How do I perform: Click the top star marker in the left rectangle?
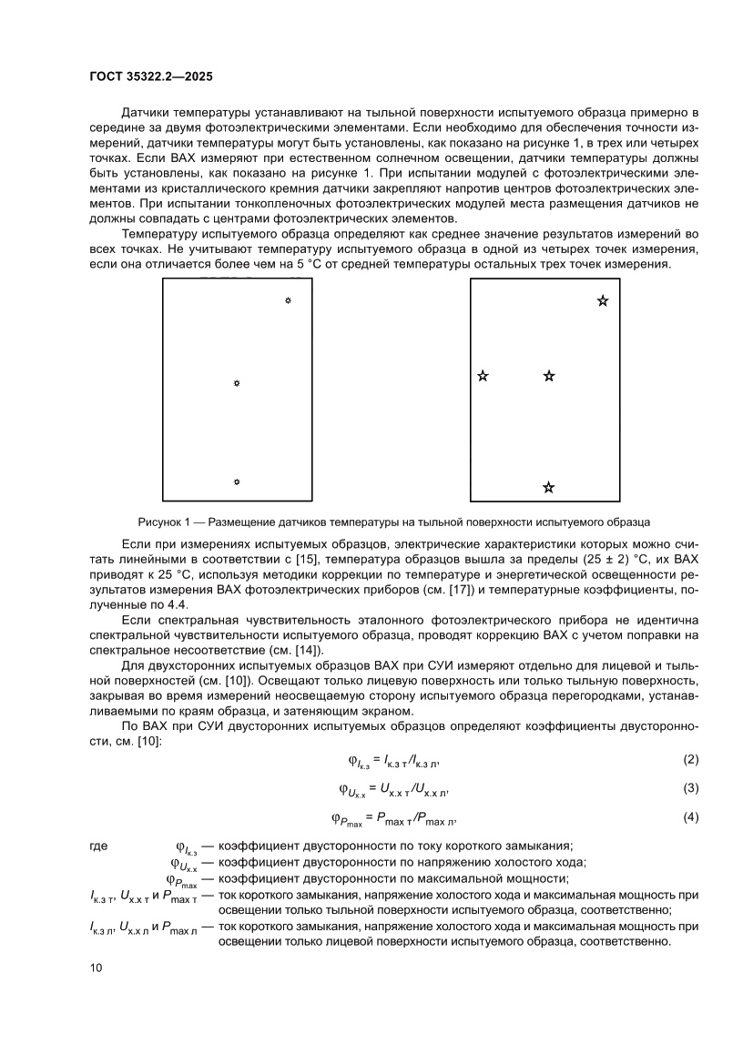pyautogui.click(x=288, y=300)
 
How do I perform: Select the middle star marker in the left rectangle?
pyautogui.click(x=237, y=384)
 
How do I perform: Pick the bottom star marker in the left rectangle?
pyautogui.click(x=237, y=481)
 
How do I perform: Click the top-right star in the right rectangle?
pyautogui.click(x=603, y=300)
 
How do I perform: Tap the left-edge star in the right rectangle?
pyautogui.click(x=483, y=375)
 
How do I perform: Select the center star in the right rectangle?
pyautogui.click(x=548, y=375)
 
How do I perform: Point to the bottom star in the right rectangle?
pyautogui.click(x=548, y=488)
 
